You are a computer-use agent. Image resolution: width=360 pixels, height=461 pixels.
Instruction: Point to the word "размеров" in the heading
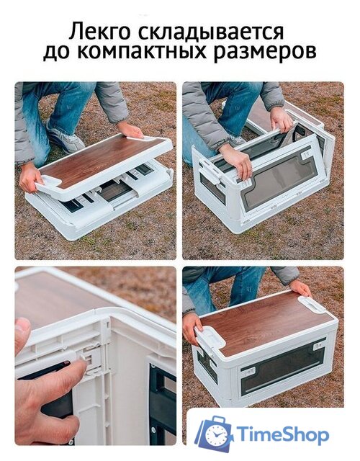[x=270, y=53]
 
